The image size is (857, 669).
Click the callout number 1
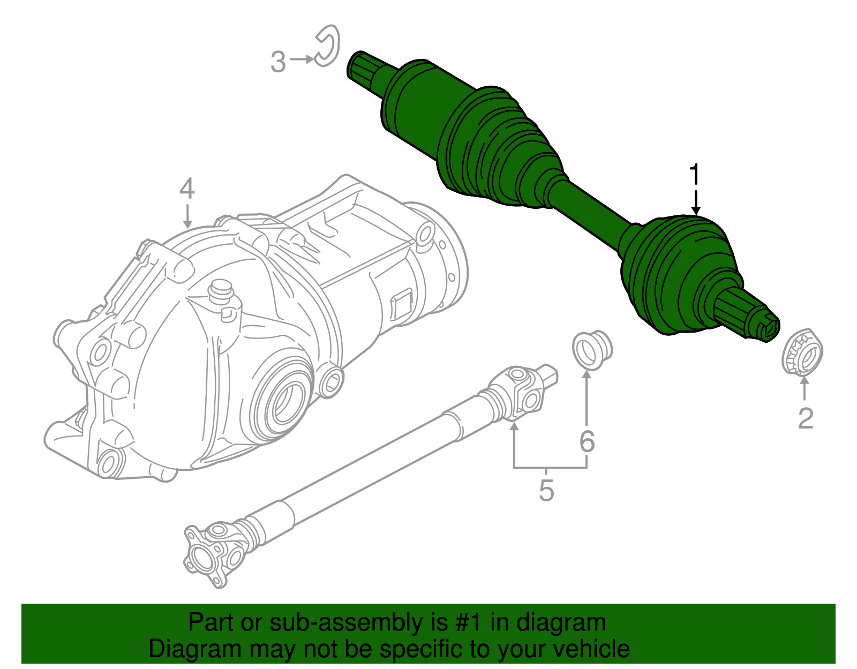point(695,176)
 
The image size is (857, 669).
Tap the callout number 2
point(806,418)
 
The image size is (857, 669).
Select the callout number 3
point(278,62)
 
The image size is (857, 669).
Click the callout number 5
point(546,490)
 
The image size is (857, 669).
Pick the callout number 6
point(587,442)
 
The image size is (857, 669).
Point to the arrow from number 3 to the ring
point(303,59)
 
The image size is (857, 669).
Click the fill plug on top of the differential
point(220,292)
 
